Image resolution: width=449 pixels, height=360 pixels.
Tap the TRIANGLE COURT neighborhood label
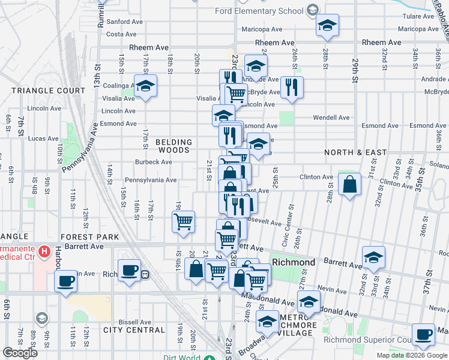pos(49,91)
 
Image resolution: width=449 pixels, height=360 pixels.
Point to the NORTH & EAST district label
pos(355,152)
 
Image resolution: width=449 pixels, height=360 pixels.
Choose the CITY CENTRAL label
pos(134,330)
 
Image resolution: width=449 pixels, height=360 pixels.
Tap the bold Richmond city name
pos(294,263)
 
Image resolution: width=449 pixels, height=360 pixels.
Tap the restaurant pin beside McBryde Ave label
pos(291,87)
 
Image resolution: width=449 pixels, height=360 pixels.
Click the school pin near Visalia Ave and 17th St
pos(145,86)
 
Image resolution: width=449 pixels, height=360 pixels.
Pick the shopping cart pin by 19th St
pos(184,221)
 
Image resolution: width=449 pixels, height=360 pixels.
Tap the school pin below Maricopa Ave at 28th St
pos(327,26)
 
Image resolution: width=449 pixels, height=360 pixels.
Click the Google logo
pos(20,353)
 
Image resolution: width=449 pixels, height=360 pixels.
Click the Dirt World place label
pos(182,358)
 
